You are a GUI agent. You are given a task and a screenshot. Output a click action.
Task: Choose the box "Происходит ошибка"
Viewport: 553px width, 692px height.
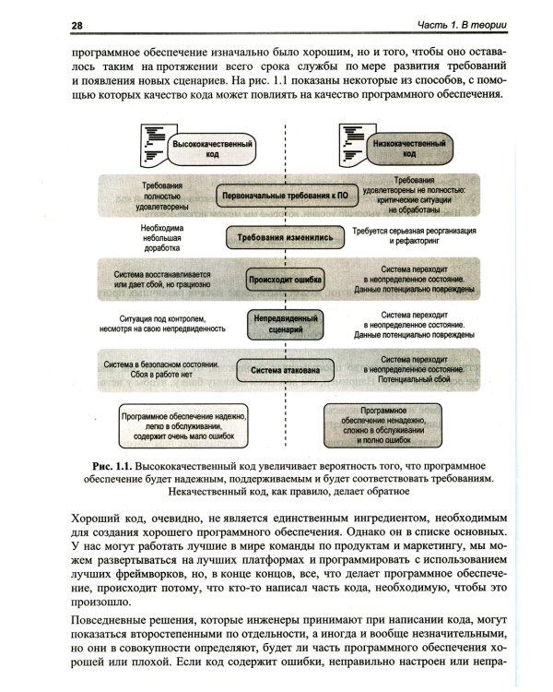coord(281,278)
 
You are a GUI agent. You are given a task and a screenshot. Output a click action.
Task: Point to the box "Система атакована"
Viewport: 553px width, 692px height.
coord(281,370)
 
